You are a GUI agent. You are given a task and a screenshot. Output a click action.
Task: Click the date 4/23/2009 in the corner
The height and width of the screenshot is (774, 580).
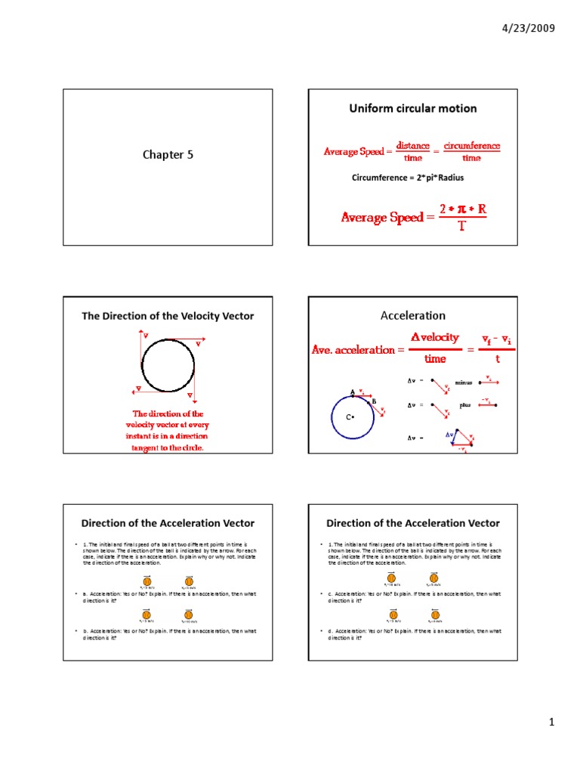(528, 29)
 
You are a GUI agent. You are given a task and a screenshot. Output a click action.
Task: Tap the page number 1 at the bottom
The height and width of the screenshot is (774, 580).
(552, 723)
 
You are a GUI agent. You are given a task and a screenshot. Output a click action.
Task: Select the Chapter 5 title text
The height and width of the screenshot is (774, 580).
(163, 154)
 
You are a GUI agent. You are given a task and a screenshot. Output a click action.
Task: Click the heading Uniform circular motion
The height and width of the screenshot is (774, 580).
(412, 108)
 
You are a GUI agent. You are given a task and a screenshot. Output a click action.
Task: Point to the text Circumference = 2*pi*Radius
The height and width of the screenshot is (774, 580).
(407, 178)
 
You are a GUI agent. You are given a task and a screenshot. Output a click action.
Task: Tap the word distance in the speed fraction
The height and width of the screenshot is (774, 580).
(413, 145)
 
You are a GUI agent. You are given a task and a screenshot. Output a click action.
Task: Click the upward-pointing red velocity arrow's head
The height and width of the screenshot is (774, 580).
(140, 333)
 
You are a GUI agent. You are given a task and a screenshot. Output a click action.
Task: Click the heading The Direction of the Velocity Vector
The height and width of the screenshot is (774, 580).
(168, 316)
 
